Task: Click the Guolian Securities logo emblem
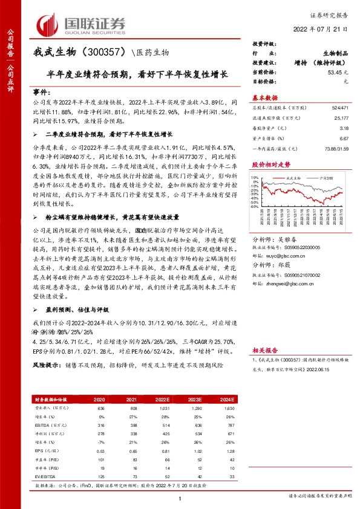48,24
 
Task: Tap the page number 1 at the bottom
180,497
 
